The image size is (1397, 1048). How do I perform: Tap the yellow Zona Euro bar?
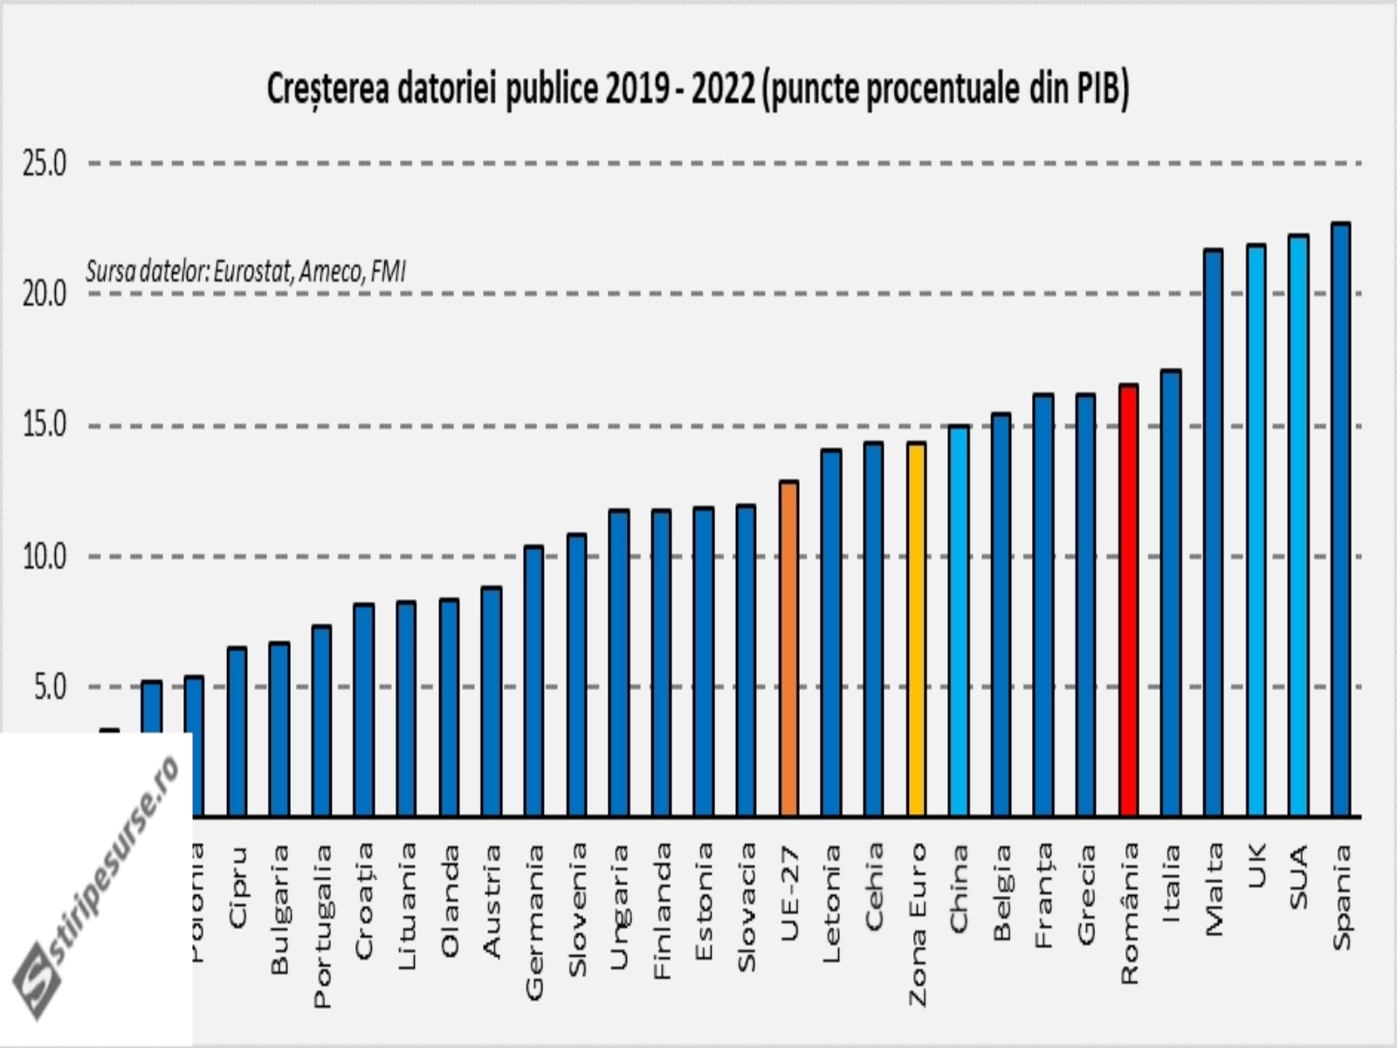tap(916, 629)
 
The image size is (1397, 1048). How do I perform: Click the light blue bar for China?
tap(959, 620)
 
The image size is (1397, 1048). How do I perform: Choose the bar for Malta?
tap(1213, 533)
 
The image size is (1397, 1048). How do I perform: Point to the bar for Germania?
tap(533, 681)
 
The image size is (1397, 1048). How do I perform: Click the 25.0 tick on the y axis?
tap(45, 164)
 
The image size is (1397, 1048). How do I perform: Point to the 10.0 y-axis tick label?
tap(45, 557)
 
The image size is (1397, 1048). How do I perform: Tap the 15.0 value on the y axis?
tap(45, 426)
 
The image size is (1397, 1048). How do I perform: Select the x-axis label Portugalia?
tap(322, 925)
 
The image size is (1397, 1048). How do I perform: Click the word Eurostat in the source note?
tap(252, 272)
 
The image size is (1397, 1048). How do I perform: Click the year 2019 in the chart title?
tap(636, 90)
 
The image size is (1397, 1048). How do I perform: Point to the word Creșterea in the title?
tap(327, 90)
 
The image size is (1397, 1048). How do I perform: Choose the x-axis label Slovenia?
tap(577, 908)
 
